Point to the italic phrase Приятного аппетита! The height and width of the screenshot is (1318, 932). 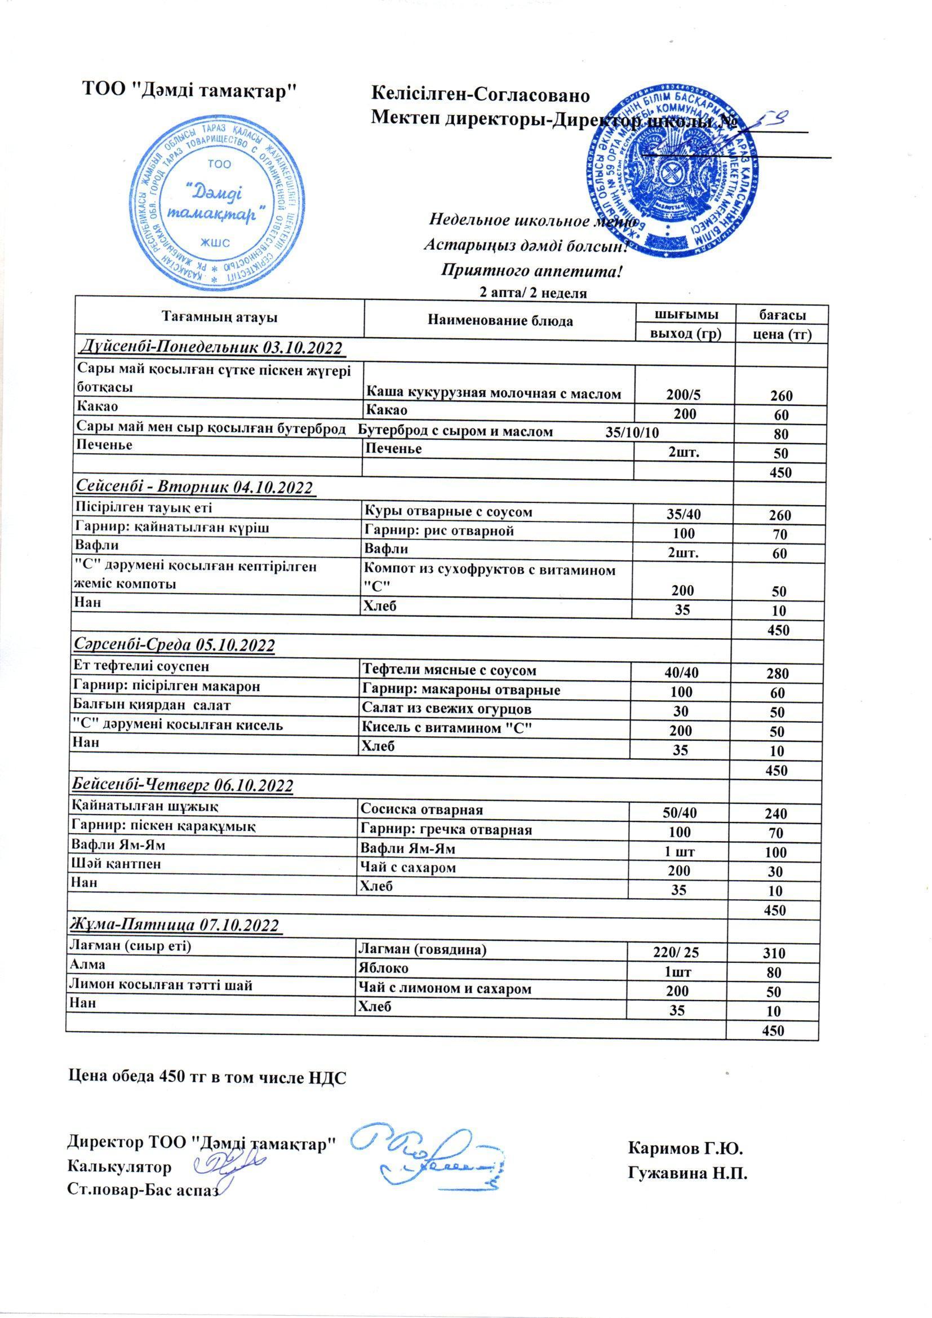(x=531, y=271)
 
